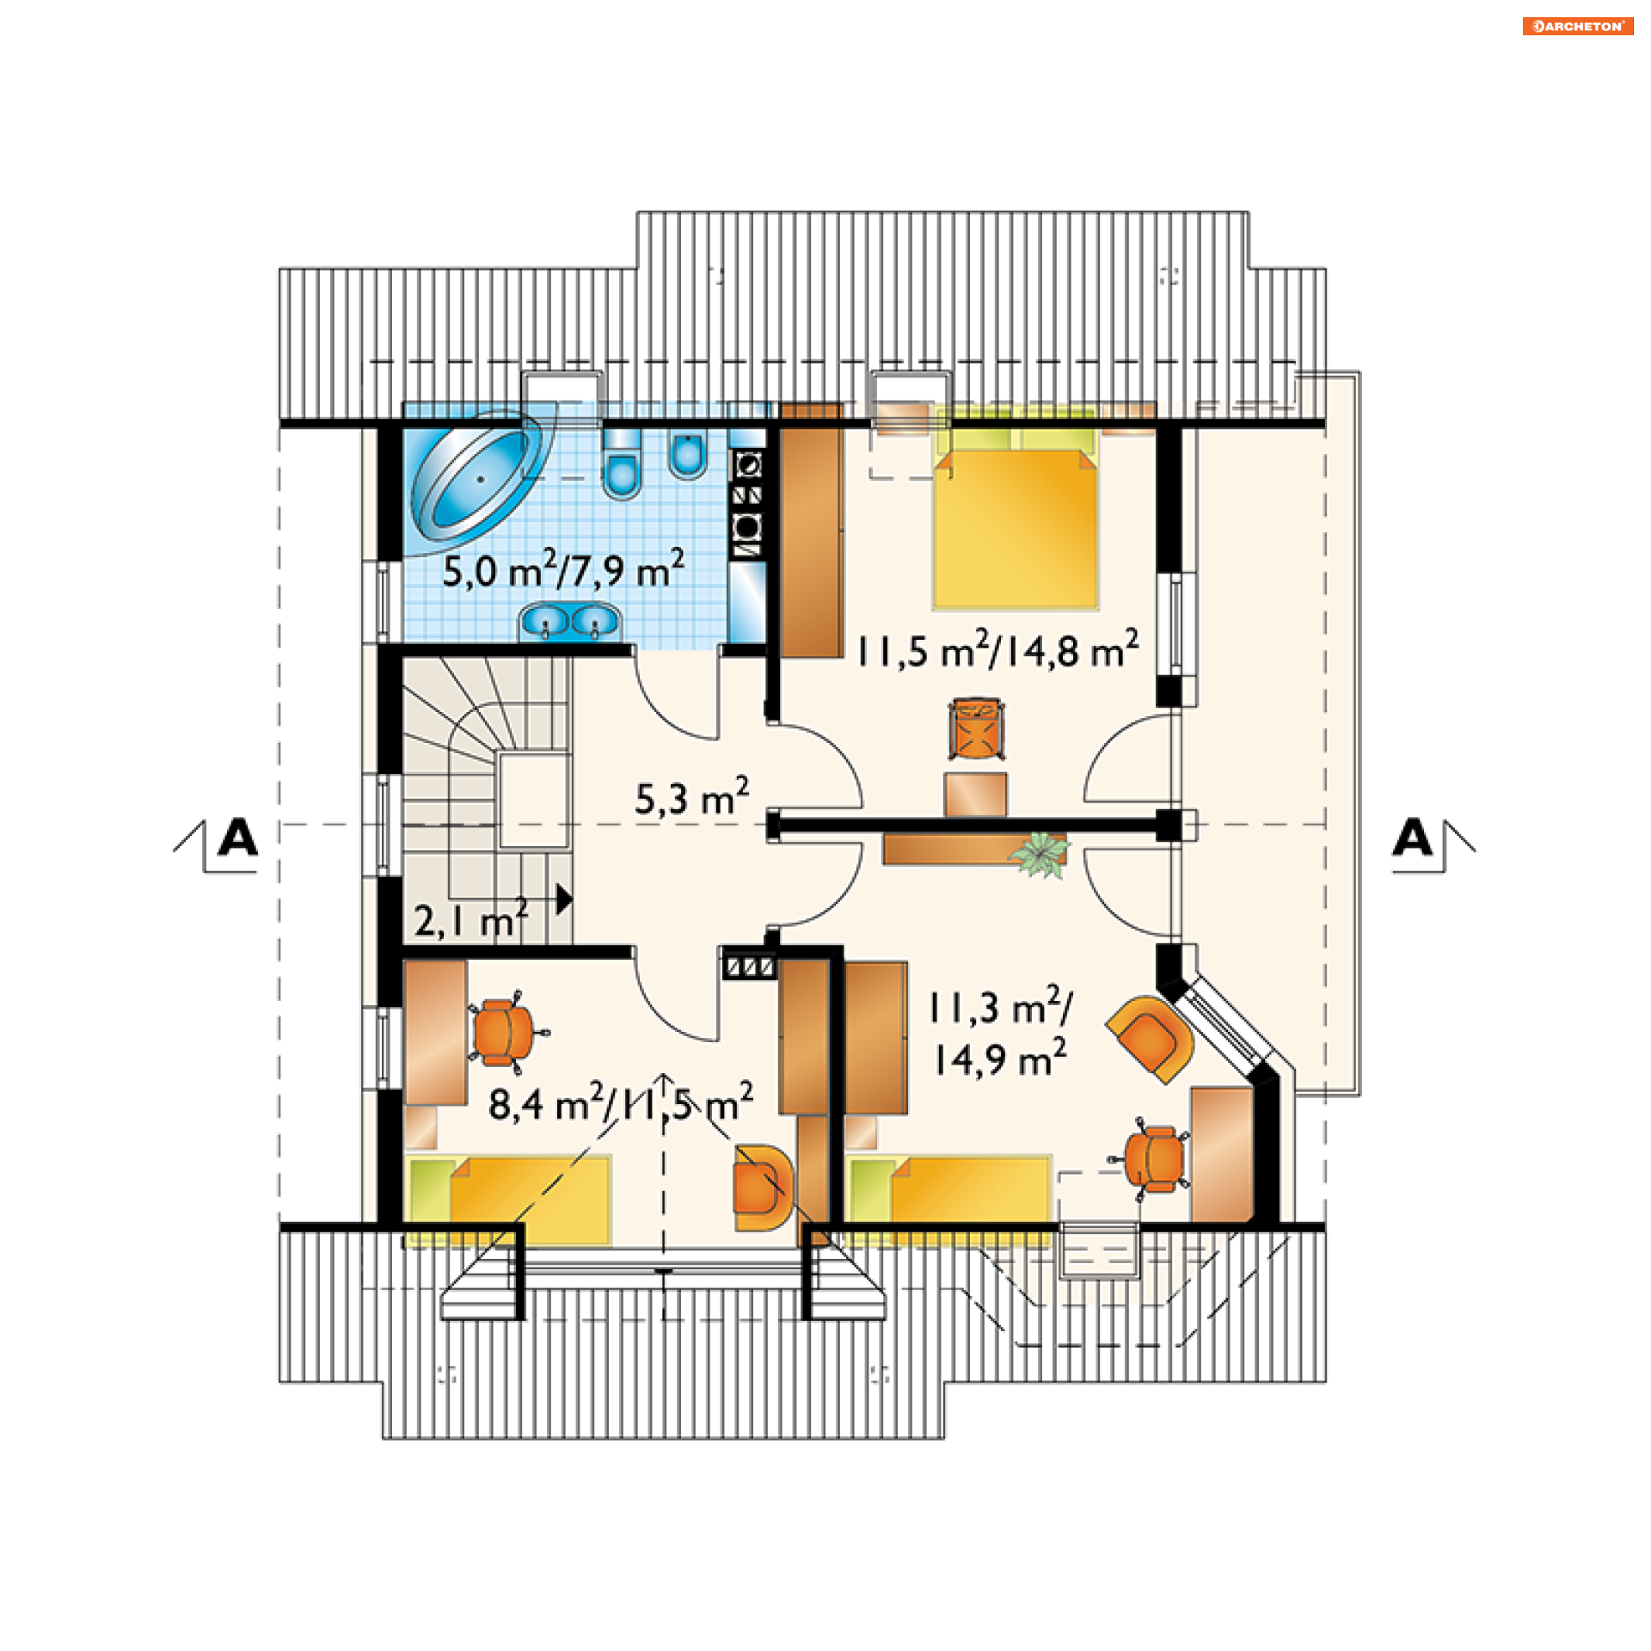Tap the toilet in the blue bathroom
[x=622, y=463]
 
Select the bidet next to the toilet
[x=688, y=453]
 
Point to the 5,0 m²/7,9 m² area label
[x=564, y=569]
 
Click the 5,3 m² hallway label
[x=692, y=796]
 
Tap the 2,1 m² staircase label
[x=471, y=919]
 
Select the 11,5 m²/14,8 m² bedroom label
[x=997, y=650]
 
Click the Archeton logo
[x=1578, y=26]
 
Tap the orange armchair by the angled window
[x=1151, y=1039]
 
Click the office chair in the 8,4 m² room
[x=506, y=1032]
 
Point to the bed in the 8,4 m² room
[x=509, y=1200]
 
